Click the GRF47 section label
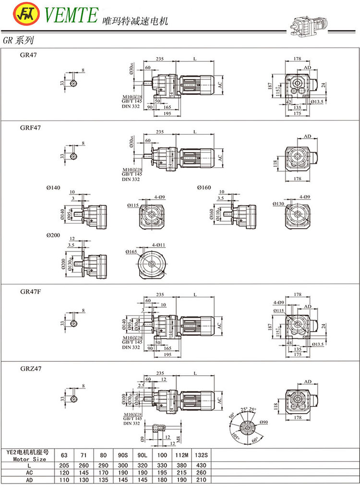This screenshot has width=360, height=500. click(31, 128)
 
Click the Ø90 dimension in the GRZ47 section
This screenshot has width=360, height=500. click(264, 422)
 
